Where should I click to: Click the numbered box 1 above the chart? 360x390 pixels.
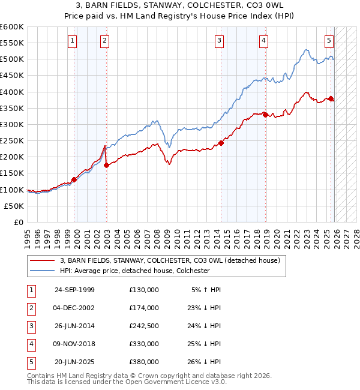(72, 41)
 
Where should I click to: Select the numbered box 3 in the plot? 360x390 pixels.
(219, 41)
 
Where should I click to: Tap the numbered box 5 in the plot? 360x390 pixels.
(329, 41)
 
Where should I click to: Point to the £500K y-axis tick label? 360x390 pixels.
(12, 59)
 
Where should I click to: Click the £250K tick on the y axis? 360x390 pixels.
(12, 140)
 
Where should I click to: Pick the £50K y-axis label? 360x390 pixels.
(14, 206)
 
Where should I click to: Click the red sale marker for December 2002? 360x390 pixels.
(106, 165)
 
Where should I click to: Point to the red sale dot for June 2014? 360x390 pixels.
(221, 143)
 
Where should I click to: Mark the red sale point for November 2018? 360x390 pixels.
(265, 115)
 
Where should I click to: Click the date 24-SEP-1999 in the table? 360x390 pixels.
(74, 290)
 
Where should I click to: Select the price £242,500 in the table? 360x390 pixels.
(144, 326)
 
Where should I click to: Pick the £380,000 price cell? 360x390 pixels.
(144, 362)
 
